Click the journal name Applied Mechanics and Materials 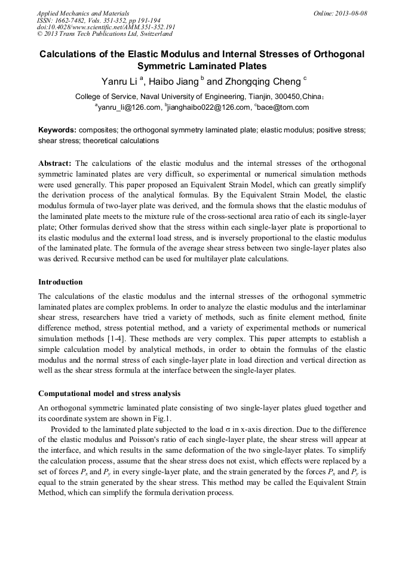click(x=82, y=13)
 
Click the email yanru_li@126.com click(x=129, y=107)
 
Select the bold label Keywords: click(x=57, y=129)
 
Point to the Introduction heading click(x=60, y=282)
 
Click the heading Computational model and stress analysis click(x=109, y=394)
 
